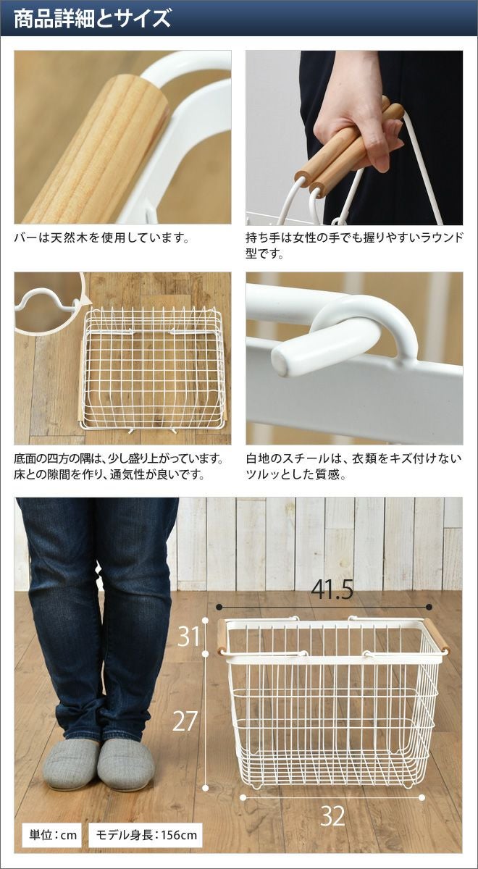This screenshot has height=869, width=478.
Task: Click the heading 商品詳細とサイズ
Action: (93, 19)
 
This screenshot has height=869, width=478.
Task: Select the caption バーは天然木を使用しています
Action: (101, 238)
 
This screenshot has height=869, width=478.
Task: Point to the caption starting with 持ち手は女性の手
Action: (354, 245)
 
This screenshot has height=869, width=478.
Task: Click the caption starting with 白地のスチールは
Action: (354, 466)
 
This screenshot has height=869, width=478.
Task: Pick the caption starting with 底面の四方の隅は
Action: (119, 466)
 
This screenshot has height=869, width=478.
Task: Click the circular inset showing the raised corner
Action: (49, 302)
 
